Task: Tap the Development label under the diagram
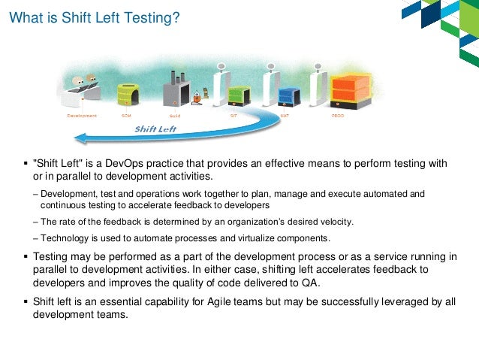[81, 116]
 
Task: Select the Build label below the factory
[174, 116]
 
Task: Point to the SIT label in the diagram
[234, 116]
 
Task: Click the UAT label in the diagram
[285, 116]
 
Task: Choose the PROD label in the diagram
[338, 116]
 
